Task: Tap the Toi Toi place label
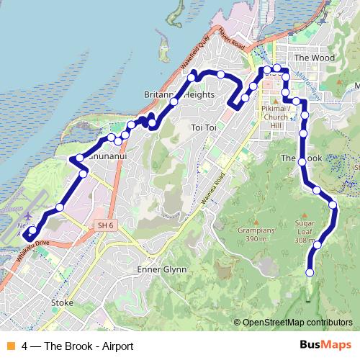click(204, 127)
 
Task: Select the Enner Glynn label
click(161, 269)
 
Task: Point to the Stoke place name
click(63, 303)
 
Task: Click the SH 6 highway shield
click(105, 226)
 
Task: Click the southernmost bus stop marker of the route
click(310, 272)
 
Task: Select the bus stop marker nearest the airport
click(32, 231)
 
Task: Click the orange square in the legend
click(11, 346)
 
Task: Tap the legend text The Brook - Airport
click(78, 346)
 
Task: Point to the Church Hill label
click(275, 117)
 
